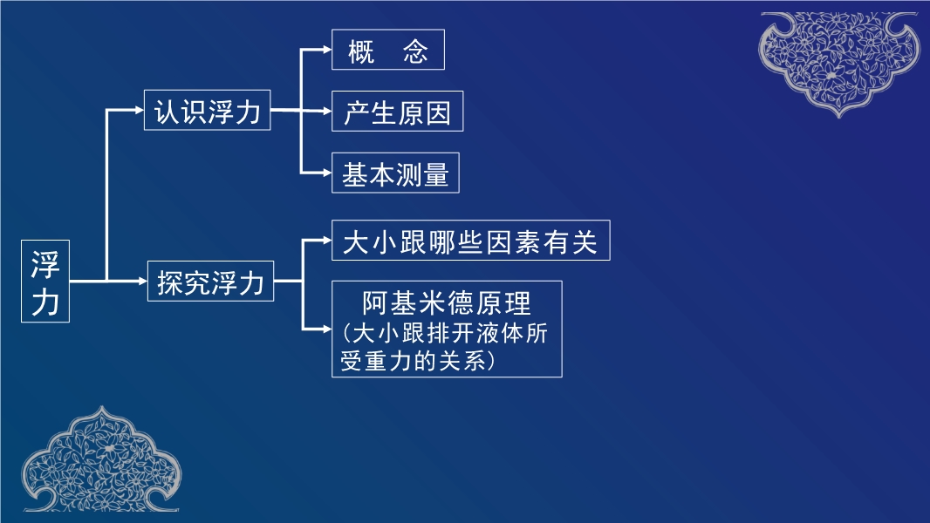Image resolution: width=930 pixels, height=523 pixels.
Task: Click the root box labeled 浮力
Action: pos(45,281)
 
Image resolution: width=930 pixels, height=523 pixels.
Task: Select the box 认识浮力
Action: pos(208,111)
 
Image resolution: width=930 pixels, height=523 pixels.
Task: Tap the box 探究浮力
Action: pos(210,281)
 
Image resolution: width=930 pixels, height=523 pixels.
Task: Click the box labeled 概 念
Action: pos(388,50)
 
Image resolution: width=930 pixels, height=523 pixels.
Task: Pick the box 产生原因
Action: pos(397,112)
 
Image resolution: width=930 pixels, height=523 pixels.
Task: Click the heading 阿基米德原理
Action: pos(447,302)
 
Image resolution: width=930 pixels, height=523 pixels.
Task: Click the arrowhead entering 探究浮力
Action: pos(141,281)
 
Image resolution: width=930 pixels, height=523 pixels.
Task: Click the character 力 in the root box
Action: pos(45,301)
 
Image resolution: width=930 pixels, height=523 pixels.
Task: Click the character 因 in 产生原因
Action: pos(438,112)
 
